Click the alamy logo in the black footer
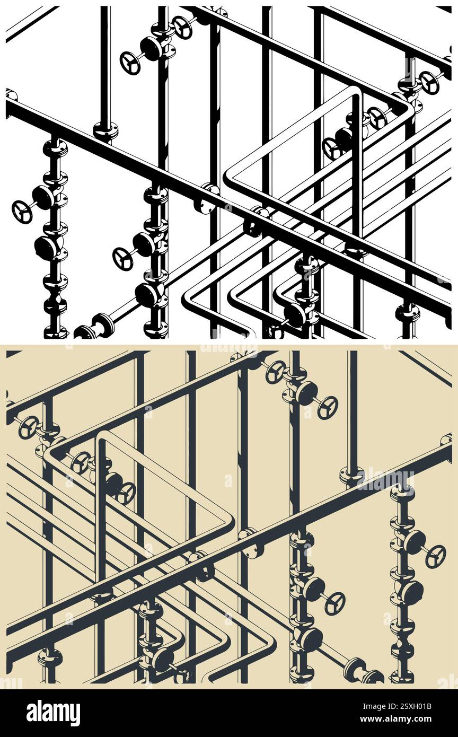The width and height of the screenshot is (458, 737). point(53,713)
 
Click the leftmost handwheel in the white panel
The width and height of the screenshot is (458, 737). point(22,212)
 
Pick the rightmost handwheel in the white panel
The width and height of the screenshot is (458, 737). point(429,83)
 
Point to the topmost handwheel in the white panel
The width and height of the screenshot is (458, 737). point(183,28)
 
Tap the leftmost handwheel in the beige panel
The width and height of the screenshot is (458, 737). point(29,427)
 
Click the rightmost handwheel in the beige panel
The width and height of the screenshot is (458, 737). point(435,556)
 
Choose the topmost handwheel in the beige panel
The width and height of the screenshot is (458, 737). point(276,372)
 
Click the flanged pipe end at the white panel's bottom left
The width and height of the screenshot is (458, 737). point(85,332)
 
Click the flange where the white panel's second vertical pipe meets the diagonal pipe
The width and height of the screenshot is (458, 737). point(105,130)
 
